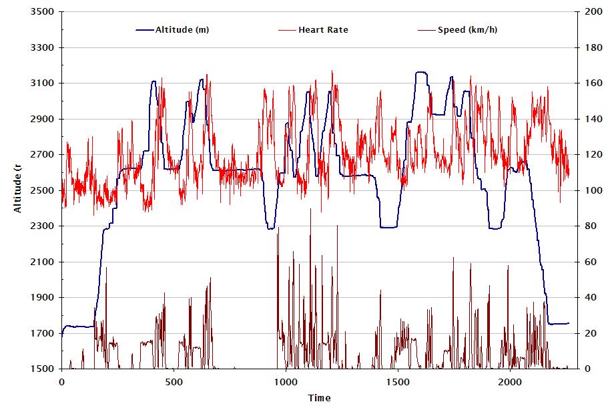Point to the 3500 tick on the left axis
[x=42, y=12]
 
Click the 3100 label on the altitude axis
[x=42, y=83]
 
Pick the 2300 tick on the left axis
[x=42, y=226]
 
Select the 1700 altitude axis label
[x=42, y=333]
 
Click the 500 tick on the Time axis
[x=174, y=383]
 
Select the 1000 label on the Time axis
[x=285, y=383]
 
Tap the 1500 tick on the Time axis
[x=397, y=383]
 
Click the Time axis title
[x=319, y=398]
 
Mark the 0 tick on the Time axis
[x=61, y=383]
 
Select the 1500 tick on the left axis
[x=42, y=369]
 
